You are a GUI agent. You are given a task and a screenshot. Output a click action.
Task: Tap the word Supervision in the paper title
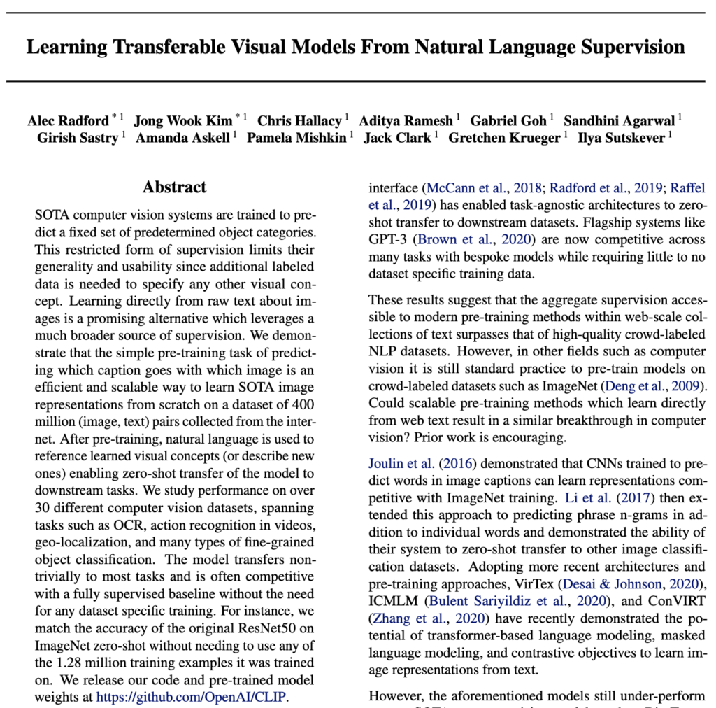coord(624,48)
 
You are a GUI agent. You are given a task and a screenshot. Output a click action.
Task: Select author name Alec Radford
coord(68,120)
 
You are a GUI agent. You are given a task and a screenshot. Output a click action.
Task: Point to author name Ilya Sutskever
coord(621,138)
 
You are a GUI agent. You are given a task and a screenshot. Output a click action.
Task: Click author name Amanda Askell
coord(182,138)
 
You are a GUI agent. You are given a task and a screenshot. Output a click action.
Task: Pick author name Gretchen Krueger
coord(505,138)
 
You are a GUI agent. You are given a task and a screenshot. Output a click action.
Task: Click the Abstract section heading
coord(175,187)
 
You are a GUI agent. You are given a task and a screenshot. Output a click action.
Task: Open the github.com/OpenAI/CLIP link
coord(192,697)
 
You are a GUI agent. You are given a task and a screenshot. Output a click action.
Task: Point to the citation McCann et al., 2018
coord(485,187)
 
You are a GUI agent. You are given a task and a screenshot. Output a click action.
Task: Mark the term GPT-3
coord(387,240)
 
